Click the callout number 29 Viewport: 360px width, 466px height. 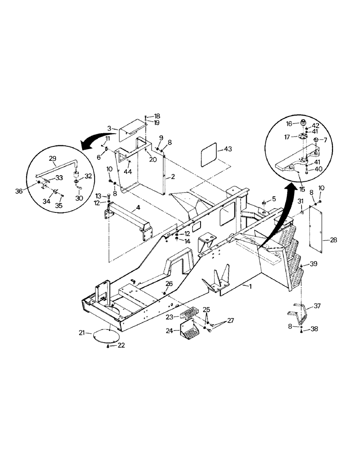click(52, 158)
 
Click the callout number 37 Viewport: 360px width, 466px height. click(317, 306)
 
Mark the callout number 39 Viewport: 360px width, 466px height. click(313, 264)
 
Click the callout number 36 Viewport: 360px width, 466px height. click(32, 191)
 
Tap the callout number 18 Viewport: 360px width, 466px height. click(157, 116)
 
